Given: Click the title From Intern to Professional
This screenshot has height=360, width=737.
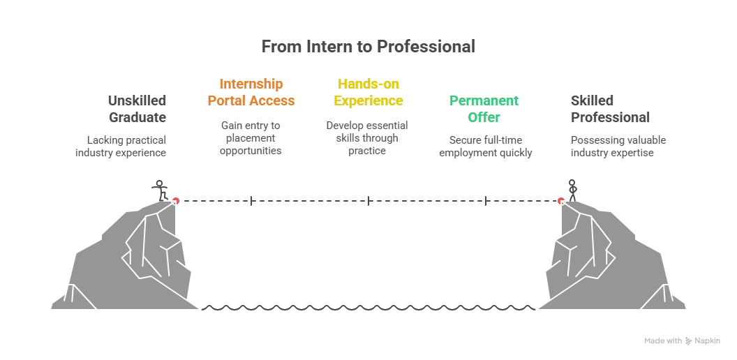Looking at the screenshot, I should click(368, 47).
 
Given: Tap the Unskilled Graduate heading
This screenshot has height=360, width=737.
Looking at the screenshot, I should click(137, 109).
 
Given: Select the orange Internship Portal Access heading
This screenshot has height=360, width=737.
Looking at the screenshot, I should click(251, 92).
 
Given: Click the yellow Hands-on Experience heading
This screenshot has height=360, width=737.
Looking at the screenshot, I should click(368, 92).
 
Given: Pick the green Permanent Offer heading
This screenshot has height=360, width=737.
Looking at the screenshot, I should click(484, 109).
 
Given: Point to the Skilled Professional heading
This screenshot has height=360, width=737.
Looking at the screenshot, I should click(610, 109).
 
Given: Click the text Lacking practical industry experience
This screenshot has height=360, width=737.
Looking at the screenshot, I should click(121, 147).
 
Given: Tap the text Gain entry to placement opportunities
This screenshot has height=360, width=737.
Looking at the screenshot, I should click(251, 138).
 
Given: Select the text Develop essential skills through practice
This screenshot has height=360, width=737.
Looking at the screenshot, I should click(367, 138).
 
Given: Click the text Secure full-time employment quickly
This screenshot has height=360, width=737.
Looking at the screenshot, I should click(485, 147).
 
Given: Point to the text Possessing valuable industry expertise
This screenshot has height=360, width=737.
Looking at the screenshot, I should click(618, 147).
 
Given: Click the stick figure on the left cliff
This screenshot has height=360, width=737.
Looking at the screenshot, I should click(160, 190).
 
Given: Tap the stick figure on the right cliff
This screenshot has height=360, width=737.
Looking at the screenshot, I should click(573, 190).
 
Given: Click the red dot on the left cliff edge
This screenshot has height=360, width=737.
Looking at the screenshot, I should click(176, 201).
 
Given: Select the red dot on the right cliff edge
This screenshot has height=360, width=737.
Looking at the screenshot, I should click(561, 201).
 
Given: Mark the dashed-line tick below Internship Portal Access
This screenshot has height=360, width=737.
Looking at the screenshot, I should click(251, 201).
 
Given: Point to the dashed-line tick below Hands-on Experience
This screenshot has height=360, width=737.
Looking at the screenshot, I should click(368, 201).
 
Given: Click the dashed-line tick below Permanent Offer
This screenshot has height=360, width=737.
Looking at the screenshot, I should click(486, 201).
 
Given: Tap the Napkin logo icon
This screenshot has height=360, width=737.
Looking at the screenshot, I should click(689, 341).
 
